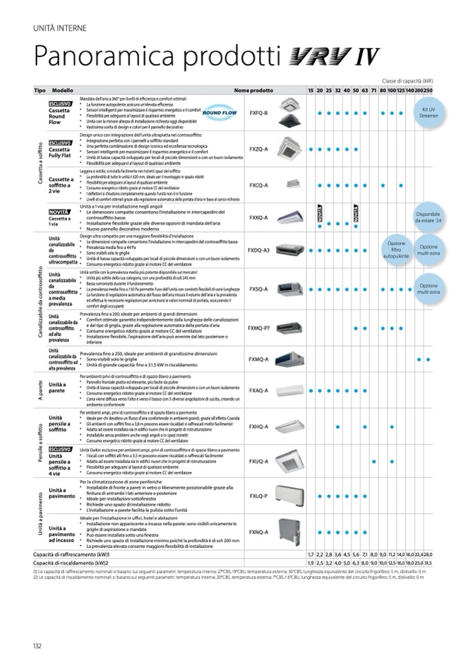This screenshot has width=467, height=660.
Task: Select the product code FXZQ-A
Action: [x=258, y=149]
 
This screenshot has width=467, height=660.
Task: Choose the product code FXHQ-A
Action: [x=258, y=427]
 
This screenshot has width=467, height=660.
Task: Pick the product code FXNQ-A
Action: [x=258, y=531]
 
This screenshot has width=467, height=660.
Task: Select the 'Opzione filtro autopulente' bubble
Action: [x=396, y=248]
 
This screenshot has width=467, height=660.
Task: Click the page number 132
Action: [x=37, y=645]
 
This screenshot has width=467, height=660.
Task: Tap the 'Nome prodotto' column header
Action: [x=253, y=91]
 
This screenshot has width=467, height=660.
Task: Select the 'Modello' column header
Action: [x=62, y=91]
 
